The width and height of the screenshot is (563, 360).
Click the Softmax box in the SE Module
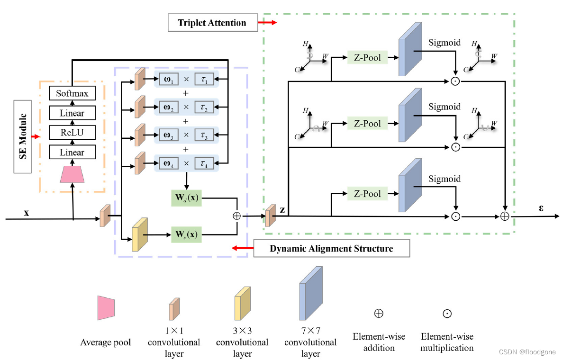pyautogui.click(x=72, y=93)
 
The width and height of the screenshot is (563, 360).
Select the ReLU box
pyautogui.click(x=72, y=133)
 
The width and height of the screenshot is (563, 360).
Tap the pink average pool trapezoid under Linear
pyautogui.click(x=72, y=174)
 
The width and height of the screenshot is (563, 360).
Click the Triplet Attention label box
pyautogui.click(x=212, y=22)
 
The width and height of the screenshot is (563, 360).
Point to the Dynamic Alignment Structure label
pyautogui.click(x=331, y=248)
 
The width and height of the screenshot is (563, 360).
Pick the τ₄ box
pyautogui.click(x=204, y=164)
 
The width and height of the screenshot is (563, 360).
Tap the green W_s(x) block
pyautogui.click(x=186, y=234)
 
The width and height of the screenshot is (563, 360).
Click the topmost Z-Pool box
pyautogui.click(x=367, y=57)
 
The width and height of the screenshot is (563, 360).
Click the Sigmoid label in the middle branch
pyautogui.click(x=444, y=107)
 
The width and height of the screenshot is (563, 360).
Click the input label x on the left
pyautogui.click(x=27, y=213)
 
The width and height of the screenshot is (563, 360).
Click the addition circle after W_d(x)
pyautogui.click(x=236, y=216)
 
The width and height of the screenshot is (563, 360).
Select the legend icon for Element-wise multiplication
pyautogui.click(x=447, y=314)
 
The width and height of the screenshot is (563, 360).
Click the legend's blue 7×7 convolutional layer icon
pyautogui.click(x=311, y=294)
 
